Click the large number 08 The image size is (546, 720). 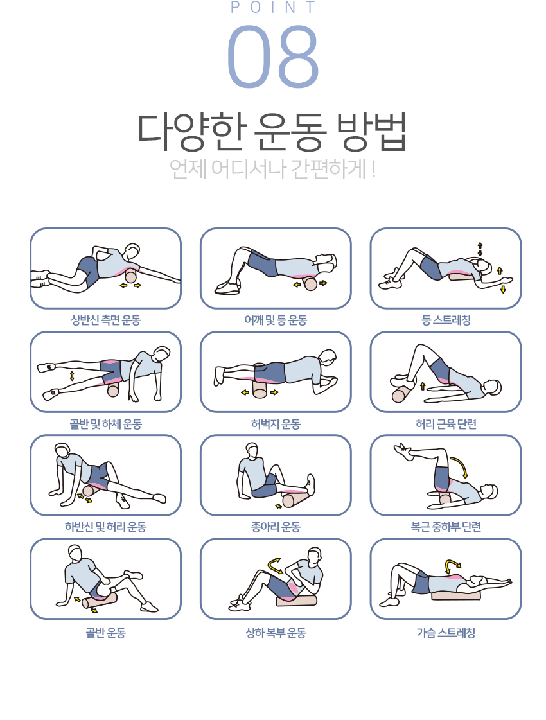coord(273,56)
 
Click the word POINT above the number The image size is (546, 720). coord(273,7)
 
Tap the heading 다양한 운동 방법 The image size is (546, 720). coord(272,132)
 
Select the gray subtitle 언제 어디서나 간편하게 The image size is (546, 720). coord(273,169)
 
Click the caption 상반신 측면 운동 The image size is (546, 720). coord(105,320)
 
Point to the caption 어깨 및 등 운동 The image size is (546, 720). coord(276,320)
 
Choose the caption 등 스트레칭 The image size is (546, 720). coord(446,320)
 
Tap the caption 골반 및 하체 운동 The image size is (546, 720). coord(105,424)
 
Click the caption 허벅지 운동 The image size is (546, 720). coord(276,424)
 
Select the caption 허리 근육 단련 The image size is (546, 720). coord(446,424)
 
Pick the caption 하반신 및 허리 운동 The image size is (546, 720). coord(105,527)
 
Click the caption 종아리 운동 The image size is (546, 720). coord(276,527)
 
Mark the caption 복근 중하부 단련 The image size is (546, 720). coord(446,527)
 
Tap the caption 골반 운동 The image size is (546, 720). coord(105,633)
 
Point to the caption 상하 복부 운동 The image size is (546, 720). coord(276,633)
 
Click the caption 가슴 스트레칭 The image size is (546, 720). coord(446,633)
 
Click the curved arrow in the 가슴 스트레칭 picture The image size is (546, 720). coord(454,563)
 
